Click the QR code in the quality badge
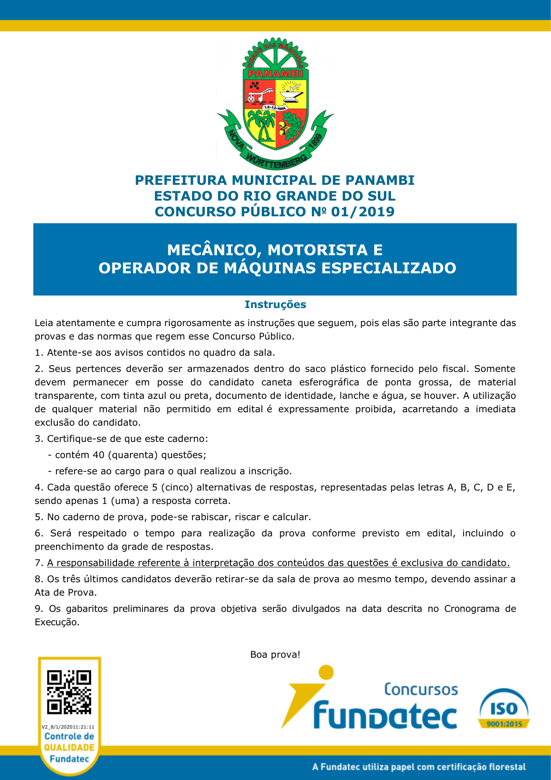(69, 692)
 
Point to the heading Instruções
(275, 304)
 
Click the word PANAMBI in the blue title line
(380, 180)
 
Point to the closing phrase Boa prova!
(275, 654)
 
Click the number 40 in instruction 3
(99, 455)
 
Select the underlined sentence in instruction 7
(279, 563)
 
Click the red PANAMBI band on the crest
(276, 74)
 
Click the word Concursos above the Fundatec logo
(421, 689)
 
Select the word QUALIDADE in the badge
(69, 747)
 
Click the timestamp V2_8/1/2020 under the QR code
(68, 727)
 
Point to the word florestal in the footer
(505, 767)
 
